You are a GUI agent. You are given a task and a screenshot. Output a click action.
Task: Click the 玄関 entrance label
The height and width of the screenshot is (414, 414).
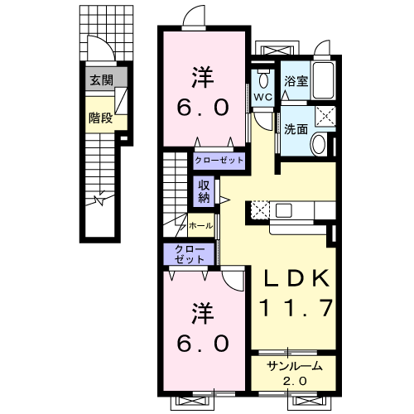(102, 80)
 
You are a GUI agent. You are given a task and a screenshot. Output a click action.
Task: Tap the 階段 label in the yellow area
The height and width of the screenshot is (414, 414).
(100, 118)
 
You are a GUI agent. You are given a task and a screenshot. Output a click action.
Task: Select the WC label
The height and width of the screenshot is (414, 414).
(262, 97)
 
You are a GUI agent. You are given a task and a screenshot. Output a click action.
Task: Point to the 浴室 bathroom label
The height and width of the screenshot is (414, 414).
(296, 81)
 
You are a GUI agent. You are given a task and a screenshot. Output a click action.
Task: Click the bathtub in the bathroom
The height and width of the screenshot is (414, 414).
(324, 80)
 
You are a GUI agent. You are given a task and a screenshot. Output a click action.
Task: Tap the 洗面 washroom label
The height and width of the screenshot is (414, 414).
(296, 129)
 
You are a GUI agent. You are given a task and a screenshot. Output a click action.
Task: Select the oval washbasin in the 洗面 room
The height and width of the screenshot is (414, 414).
(319, 143)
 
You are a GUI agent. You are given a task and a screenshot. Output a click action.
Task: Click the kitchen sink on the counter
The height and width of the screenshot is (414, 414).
(284, 210)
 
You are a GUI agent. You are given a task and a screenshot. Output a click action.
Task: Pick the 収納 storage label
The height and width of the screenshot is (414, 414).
(204, 191)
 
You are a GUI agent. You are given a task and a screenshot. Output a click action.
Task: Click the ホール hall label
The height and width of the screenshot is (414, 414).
(201, 225)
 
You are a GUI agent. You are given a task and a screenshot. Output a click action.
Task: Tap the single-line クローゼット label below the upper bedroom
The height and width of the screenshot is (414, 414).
(219, 161)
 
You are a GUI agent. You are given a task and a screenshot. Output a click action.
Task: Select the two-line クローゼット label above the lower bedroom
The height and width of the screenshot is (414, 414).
(190, 254)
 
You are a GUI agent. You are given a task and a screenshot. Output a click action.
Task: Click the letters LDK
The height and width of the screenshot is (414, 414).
(296, 278)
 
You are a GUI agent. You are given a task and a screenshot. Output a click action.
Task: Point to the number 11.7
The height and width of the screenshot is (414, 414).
(296, 308)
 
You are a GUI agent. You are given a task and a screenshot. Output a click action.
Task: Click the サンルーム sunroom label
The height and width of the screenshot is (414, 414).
(295, 366)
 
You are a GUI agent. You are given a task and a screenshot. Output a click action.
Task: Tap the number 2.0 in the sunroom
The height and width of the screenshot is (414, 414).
(295, 381)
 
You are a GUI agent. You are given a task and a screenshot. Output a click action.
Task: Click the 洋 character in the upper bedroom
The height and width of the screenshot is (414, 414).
(203, 77)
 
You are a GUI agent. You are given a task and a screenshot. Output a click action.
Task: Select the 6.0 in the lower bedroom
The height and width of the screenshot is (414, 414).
(203, 343)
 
